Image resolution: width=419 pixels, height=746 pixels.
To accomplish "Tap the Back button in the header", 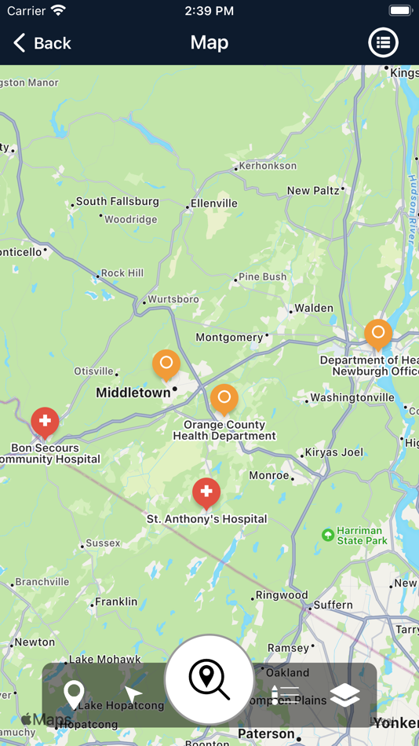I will pyautogui.click(x=42, y=43).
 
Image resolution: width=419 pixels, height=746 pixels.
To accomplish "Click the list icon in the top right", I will pyautogui.click(x=383, y=43).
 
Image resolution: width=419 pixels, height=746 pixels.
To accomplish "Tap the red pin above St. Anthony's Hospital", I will pyautogui.click(x=206, y=492).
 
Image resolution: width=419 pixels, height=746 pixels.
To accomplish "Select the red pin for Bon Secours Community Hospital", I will pyautogui.click(x=45, y=421).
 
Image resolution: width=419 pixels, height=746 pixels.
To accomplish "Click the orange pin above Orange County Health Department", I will pyautogui.click(x=224, y=398).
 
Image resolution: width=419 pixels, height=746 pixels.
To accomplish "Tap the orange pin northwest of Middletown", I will pyautogui.click(x=166, y=364).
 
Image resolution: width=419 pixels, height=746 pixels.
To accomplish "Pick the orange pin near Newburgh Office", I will pyautogui.click(x=378, y=334).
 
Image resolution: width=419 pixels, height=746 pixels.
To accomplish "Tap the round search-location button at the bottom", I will pyautogui.click(x=209, y=678).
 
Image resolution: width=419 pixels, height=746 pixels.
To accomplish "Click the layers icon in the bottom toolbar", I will pyautogui.click(x=344, y=694).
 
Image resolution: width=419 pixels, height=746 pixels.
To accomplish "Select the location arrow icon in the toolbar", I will pyautogui.click(x=133, y=694).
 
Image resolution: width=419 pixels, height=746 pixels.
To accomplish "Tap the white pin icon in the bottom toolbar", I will pyautogui.click(x=74, y=695).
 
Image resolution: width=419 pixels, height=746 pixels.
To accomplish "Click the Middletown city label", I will pyautogui.click(x=133, y=393).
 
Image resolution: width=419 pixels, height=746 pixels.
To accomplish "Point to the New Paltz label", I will pyautogui.click(x=313, y=191).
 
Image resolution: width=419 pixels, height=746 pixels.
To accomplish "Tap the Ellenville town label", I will pyautogui.click(x=214, y=203).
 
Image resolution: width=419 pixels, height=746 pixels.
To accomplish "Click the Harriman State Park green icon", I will pyautogui.click(x=328, y=535).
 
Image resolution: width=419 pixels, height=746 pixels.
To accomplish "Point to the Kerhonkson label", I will pyautogui.click(x=268, y=166).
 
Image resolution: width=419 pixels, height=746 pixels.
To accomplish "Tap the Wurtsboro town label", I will pyautogui.click(x=173, y=299).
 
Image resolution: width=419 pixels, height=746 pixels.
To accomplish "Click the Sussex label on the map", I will pyautogui.click(x=103, y=543).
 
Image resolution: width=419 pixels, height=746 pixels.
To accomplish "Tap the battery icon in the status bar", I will pyautogui.click(x=400, y=11).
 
